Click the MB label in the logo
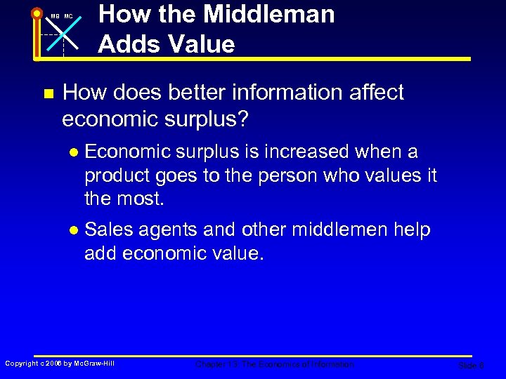55,16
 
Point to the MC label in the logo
68,16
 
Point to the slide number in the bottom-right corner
470,366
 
